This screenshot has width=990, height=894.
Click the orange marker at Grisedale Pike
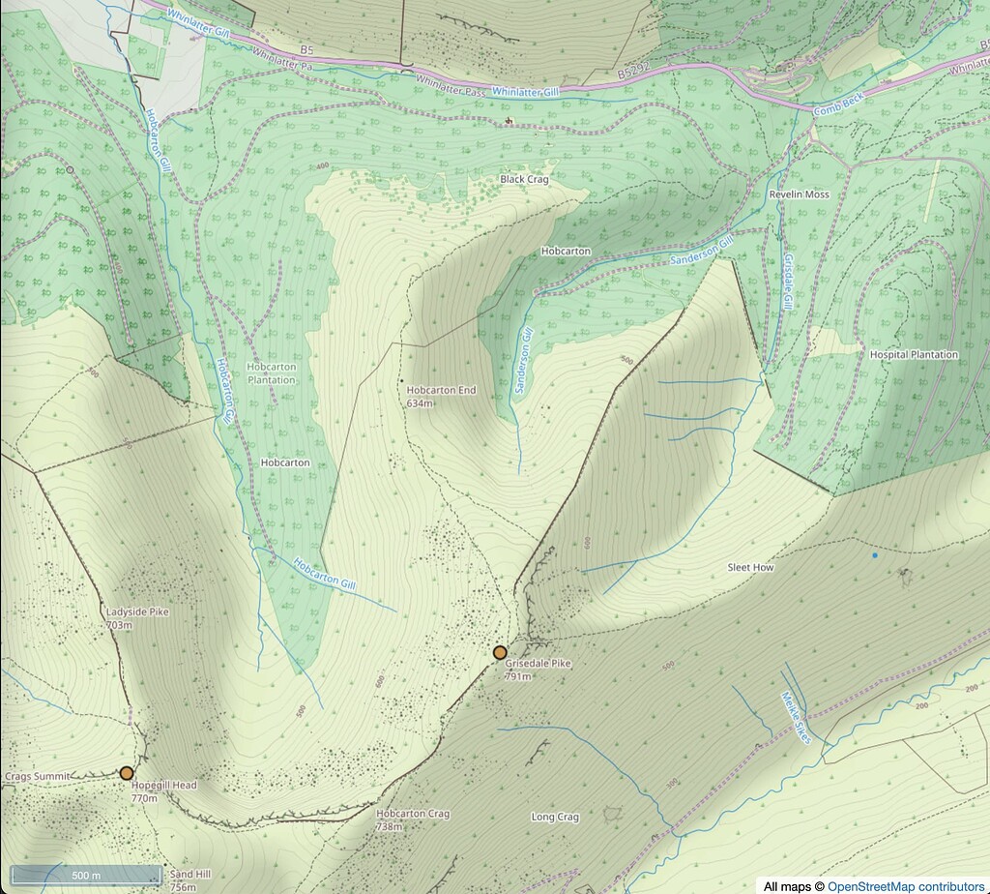(500, 653)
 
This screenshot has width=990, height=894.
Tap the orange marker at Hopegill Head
(127, 773)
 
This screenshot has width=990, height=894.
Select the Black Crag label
(524, 180)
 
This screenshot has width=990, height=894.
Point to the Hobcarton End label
(441, 391)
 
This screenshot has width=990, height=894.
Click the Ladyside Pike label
(131, 612)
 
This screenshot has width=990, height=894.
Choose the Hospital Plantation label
(914, 355)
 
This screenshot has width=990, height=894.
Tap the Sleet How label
(750, 568)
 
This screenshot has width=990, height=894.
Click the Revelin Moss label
(799, 194)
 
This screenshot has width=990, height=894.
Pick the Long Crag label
(555, 818)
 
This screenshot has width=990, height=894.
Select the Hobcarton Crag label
(412, 815)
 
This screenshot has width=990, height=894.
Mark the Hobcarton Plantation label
(271, 374)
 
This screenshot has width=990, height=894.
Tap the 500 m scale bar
(87, 876)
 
